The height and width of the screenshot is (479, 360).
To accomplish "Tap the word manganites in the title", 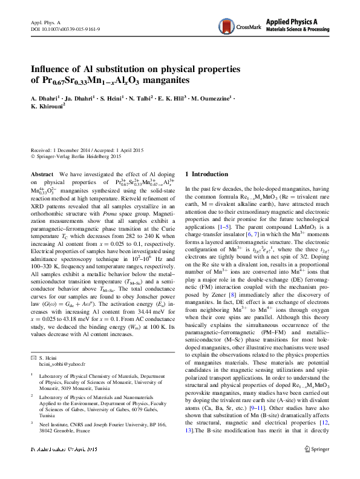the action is [x=166, y=81].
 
